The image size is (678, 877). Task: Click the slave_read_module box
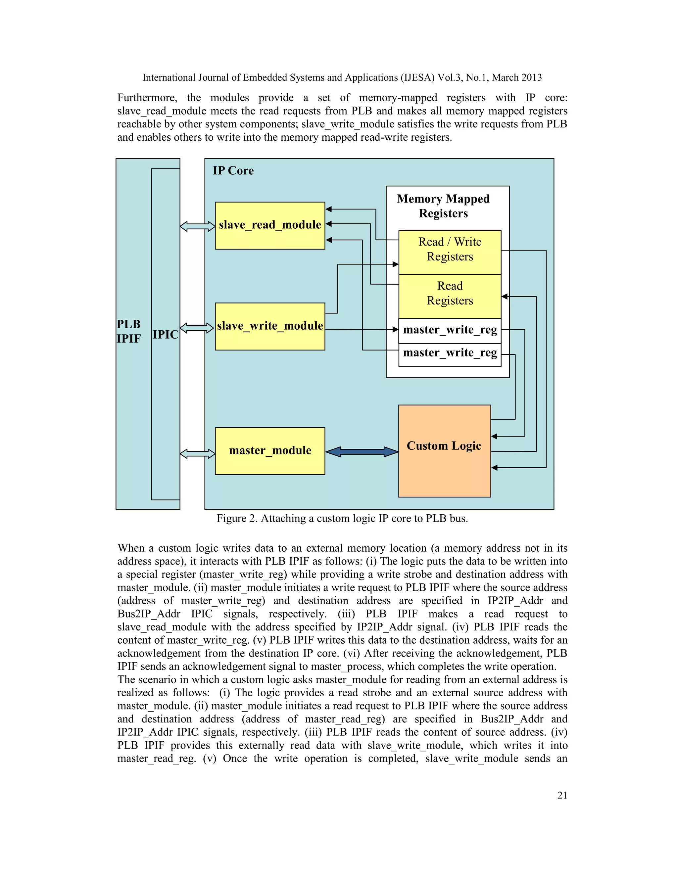[269, 225]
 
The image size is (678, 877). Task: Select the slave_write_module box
[269, 326]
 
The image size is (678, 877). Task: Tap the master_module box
[269, 450]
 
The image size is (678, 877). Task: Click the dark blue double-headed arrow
[362, 452]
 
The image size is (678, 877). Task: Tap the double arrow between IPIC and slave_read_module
[197, 226]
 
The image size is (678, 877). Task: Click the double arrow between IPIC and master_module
[197, 454]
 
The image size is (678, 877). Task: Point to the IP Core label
[233, 171]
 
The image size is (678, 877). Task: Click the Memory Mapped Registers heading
[443, 206]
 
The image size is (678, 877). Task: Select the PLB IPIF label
[128, 331]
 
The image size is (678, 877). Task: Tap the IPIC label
[165, 335]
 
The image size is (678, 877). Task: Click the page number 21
[562, 795]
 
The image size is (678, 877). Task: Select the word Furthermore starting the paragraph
[147, 98]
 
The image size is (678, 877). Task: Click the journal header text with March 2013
[342, 77]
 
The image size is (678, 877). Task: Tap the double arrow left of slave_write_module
[197, 328]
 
